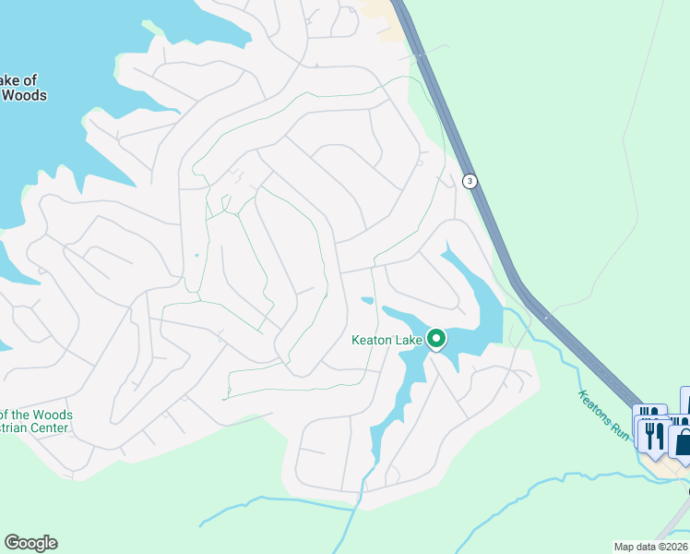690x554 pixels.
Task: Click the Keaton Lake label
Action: point(387,340)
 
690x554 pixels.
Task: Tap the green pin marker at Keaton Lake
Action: point(435,339)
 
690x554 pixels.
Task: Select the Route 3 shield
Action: point(470,181)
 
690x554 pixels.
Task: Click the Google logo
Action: point(30,543)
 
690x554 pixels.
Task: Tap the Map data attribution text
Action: point(651,547)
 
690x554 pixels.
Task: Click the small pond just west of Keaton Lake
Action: point(368,300)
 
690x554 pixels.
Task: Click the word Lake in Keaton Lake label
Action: point(408,340)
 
